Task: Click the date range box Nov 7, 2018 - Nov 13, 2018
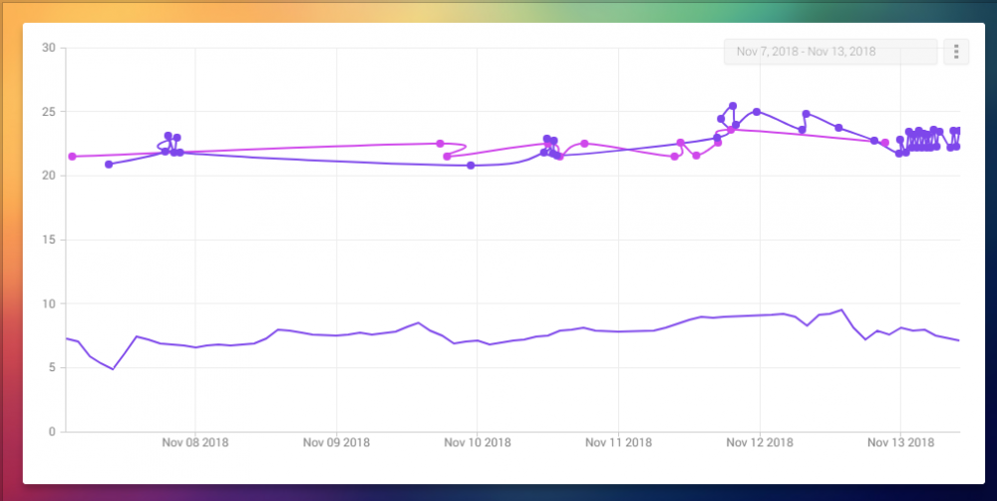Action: pyautogui.click(x=831, y=52)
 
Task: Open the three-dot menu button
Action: pyautogui.click(x=956, y=52)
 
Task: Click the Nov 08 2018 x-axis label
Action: pyautogui.click(x=195, y=442)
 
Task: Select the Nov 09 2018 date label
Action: pyautogui.click(x=336, y=442)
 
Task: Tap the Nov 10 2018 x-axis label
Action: pyautogui.click(x=478, y=442)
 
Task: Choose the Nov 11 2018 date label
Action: pyautogui.click(x=618, y=442)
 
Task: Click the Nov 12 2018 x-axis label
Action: pyautogui.click(x=760, y=442)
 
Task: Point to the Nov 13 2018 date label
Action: pyautogui.click(x=900, y=442)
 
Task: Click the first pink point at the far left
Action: pyautogui.click(x=72, y=157)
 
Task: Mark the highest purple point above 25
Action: pyautogui.click(x=733, y=106)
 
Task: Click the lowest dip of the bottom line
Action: pyautogui.click(x=113, y=369)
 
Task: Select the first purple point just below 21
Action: pyautogui.click(x=109, y=164)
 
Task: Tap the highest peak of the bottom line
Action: pyautogui.click(x=842, y=310)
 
